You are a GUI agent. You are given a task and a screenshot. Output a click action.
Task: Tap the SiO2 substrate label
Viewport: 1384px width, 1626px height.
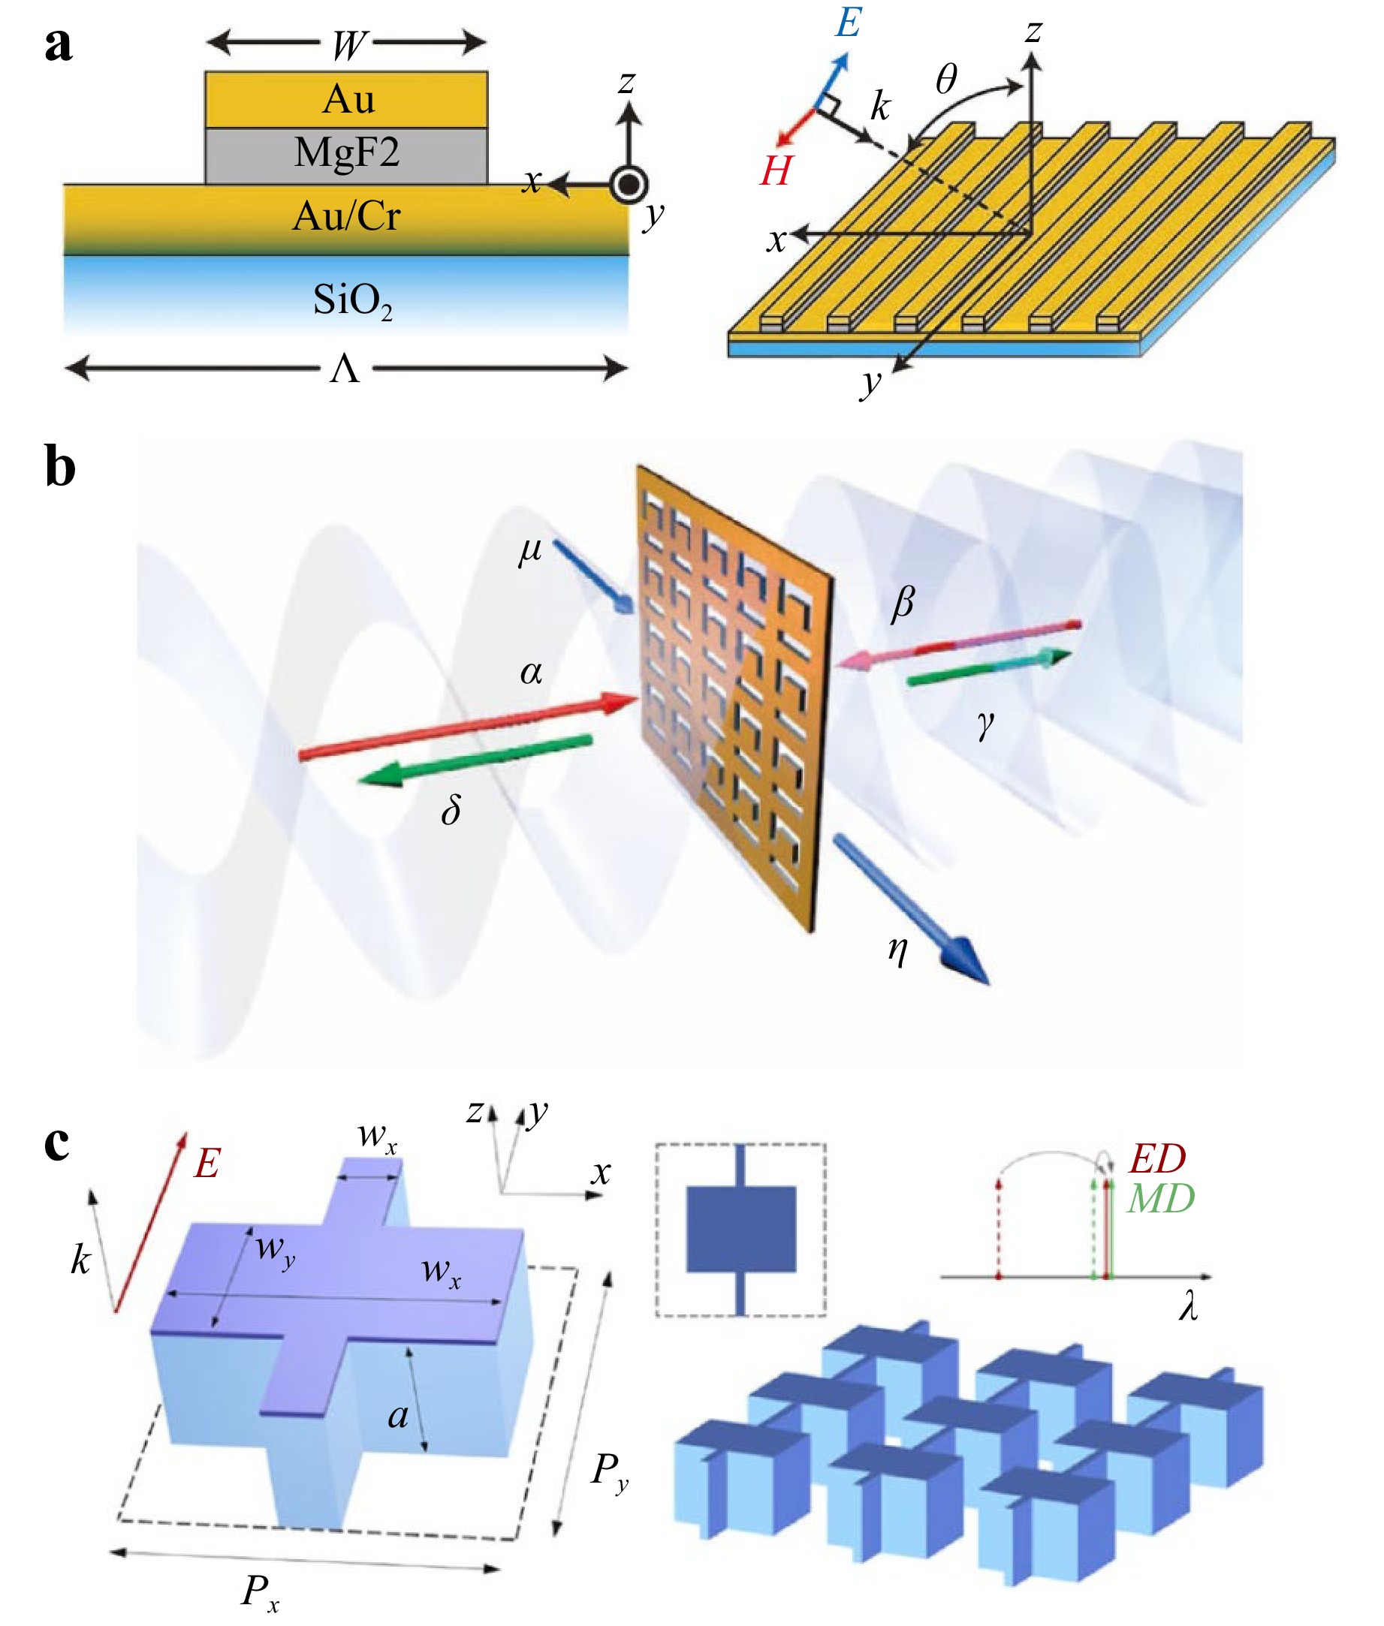click(351, 300)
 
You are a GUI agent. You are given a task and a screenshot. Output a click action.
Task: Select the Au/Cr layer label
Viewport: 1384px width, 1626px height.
click(346, 215)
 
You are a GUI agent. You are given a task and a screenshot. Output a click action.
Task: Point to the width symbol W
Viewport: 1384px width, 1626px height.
click(348, 46)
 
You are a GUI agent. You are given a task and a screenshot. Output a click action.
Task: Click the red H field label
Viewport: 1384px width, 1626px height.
click(775, 171)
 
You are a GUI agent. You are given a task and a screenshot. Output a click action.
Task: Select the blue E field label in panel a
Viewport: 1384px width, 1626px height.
click(848, 23)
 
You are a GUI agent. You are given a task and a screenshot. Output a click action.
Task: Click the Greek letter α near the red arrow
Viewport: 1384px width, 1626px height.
click(531, 672)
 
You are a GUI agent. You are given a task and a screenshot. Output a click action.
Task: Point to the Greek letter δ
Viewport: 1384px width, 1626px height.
click(451, 809)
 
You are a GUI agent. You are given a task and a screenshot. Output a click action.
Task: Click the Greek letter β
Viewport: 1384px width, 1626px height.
click(903, 603)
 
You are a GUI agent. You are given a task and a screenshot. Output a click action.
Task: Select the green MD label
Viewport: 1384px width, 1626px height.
click(1160, 1198)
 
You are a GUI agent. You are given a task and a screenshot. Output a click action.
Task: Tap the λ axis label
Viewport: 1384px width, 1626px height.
click(1188, 1307)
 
